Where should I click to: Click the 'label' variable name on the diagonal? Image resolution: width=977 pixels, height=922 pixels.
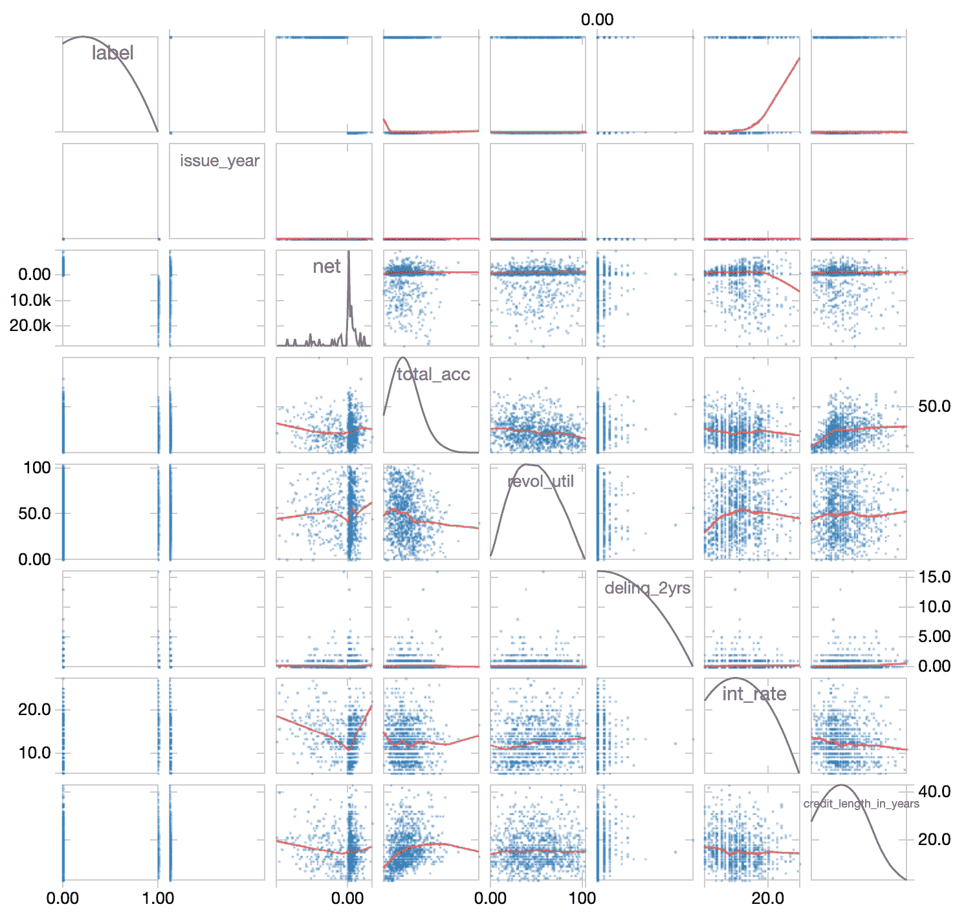click(x=113, y=53)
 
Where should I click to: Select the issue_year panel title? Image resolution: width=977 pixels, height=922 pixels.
click(x=219, y=161)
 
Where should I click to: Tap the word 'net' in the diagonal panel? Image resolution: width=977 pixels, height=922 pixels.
click(x=326, y=266)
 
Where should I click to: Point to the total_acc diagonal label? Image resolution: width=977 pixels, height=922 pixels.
click(x=433, y=374)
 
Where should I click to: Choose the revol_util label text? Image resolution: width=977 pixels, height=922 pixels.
click(x=540, y=482)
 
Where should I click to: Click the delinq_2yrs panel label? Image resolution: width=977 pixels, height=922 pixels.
click(x=647, y=588)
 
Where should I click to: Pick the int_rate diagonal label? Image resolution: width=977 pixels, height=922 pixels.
click(x=754, y=694)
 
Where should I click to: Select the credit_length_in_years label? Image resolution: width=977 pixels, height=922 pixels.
click(x=861, y=804)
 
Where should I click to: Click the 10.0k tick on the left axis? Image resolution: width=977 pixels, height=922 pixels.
click(x=30, y=301)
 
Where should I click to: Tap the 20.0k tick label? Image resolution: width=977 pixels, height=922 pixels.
click(x=30, y=326)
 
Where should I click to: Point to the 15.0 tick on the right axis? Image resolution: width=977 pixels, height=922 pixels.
click(x=935, y=577)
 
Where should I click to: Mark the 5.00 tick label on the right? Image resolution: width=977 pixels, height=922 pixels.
click(x=935, y=637)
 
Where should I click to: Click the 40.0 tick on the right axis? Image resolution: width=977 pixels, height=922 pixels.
click(x=935, y=792)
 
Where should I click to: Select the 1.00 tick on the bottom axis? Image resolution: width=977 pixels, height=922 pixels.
click(x=158, y=899)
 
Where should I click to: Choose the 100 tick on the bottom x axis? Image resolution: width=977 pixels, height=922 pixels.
click(x=582, y=899)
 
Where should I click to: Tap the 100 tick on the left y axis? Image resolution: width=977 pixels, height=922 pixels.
click(x=37, y=467)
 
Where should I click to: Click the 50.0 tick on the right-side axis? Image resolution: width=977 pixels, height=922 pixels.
click(x=935, y=407)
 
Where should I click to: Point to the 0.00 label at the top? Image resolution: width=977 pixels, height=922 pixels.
click(x=597, y=20)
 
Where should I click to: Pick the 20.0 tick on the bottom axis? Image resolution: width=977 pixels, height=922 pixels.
click(x=768, y=899)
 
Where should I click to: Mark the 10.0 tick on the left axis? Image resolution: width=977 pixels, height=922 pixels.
click(x=35, y=753)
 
